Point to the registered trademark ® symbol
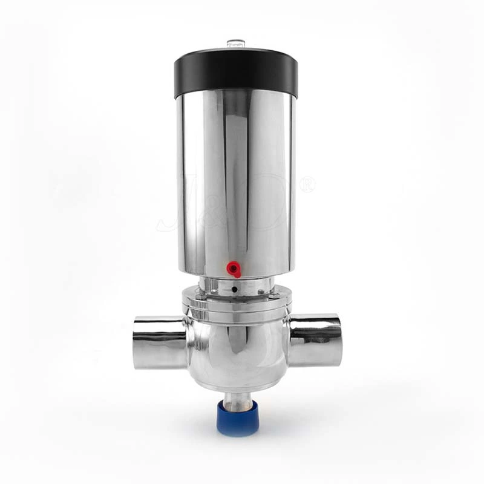pos(307,184)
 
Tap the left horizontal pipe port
pos(159,342)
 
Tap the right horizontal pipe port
pos(316,340)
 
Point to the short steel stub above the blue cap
pos(237,399)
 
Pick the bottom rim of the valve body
pos(237,386)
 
